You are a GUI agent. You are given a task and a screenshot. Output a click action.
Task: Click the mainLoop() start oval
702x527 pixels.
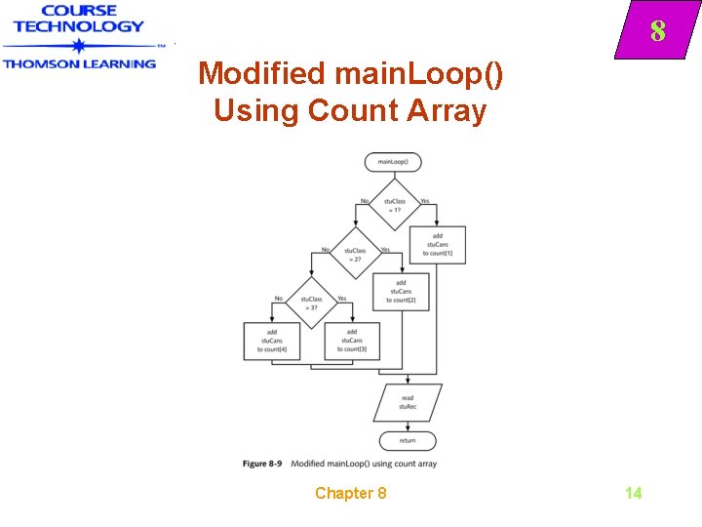coord(393,161)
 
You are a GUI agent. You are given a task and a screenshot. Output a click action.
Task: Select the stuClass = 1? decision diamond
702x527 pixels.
coord(393,204)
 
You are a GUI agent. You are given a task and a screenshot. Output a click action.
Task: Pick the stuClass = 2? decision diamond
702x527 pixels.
coord(354,255)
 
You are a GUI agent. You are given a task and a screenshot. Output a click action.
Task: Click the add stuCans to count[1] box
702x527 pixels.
coord(437,244)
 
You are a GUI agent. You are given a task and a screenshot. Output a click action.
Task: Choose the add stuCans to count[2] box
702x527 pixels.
coord(400,291)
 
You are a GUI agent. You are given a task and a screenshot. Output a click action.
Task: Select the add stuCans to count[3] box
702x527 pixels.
coord(350,341)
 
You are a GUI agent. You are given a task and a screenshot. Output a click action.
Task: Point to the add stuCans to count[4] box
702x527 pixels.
coord(271,341)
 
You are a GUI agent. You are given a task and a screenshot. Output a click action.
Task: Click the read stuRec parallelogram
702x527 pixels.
coord(408,402)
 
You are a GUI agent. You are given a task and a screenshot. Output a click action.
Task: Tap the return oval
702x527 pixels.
coord(408,440)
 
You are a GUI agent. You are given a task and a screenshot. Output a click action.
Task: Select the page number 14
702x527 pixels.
coord(633,493)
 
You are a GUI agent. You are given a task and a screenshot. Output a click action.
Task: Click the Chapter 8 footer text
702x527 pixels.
coord(350,493)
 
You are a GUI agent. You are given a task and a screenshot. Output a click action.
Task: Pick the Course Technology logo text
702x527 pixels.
coord(78,20)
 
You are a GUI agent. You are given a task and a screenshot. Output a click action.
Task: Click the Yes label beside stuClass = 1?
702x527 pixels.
coord(424,201)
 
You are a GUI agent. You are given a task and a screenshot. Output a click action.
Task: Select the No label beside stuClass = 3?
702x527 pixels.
coord(279,299)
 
